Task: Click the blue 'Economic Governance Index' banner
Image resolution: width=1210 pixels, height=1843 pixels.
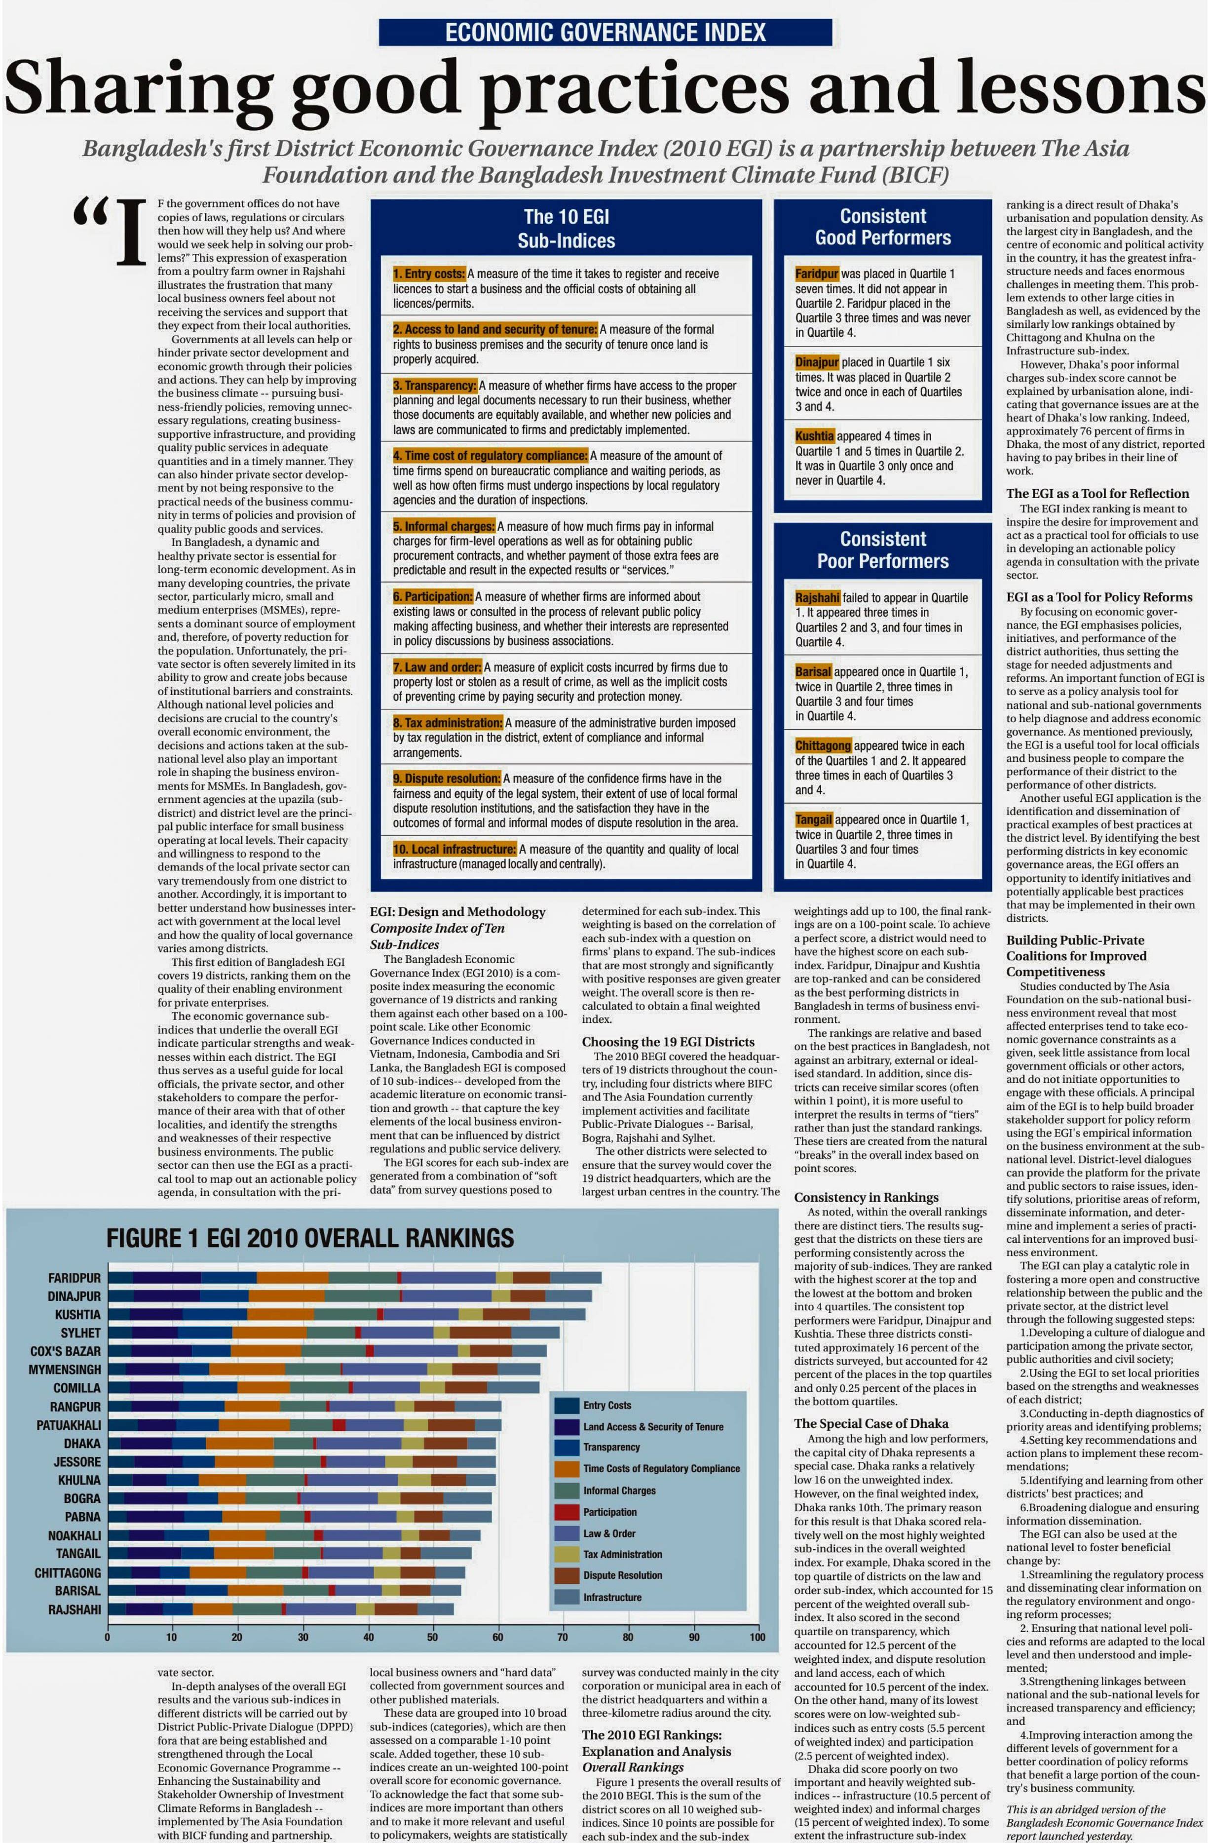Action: [605, 33]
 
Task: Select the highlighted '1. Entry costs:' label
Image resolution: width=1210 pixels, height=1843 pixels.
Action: [429, 274]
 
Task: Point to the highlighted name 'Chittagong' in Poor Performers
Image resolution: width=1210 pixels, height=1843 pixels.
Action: [823, 745]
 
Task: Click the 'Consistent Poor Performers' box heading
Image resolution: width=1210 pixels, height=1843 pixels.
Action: [882, 550]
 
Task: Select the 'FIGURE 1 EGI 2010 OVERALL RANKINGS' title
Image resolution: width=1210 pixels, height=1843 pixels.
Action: [310, 1237]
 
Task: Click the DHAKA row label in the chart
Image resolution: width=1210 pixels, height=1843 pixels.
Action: [82, 1444]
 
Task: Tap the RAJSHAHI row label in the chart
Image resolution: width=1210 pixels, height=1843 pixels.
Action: [75, 1609]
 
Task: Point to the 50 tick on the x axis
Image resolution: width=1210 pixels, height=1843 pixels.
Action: [432, 1637]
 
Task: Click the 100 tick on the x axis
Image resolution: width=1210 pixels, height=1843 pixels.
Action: [757, 1637]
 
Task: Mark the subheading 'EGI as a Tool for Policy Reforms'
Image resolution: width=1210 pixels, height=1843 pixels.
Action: [1099, 597]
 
